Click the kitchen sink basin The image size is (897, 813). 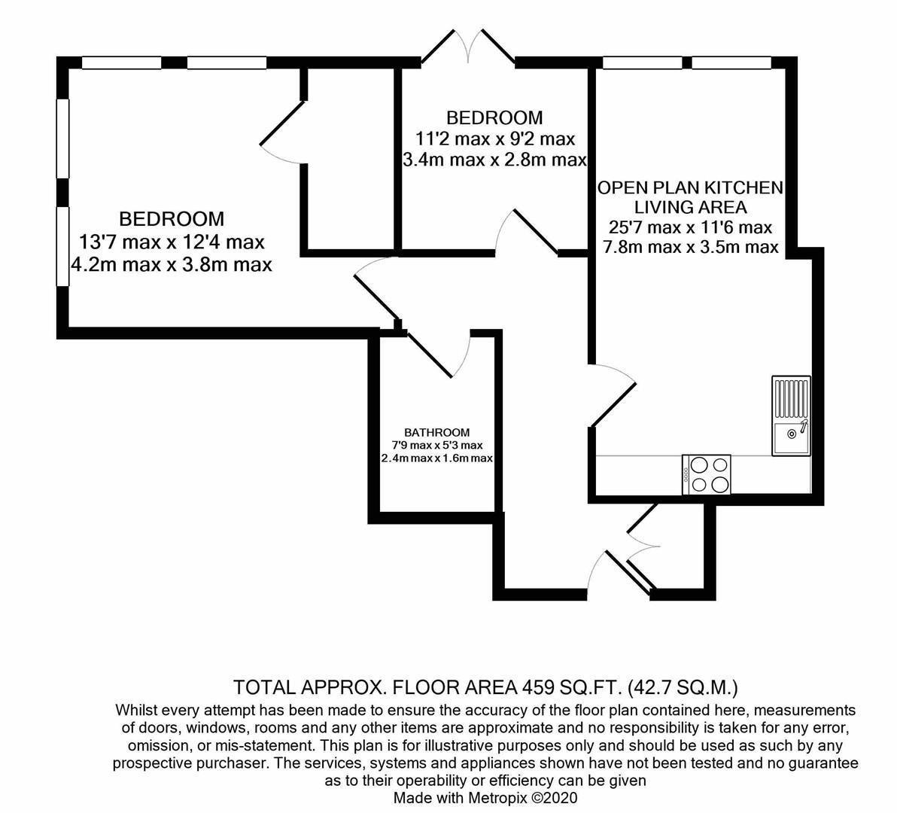pyautogui.click(x=792, y=437)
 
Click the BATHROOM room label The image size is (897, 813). pyautogui.click(x=437, y=433)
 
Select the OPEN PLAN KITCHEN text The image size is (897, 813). pyautogui.click(x=691, y=187)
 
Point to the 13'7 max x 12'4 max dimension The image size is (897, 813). pyautogui.click(x=172, y=242)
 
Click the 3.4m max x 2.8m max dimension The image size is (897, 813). pyautogui.click(x=495, y=160)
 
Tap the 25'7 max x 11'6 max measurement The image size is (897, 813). pyautogui.click(x=691, y=227)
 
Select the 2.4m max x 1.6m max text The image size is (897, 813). pyautogui.click(x=437, y=458)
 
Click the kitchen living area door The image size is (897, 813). pyautogui.click(x=613, y=394)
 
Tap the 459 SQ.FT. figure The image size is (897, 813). pyautogui.click(x=572, y=686)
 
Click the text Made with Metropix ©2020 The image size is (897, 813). pyautogui.click(x=485, y=797)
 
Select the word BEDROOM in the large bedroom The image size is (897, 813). pyautogui.click(x=172, y=218)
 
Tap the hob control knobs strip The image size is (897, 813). pyautogui.click(x=686, y=475)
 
